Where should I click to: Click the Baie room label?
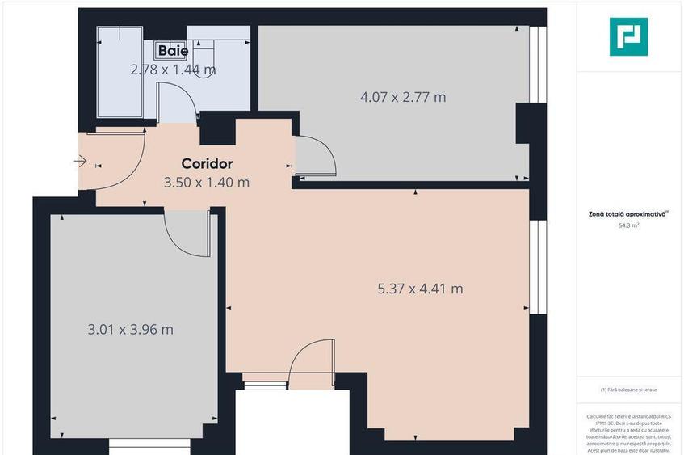(x=173, y=51)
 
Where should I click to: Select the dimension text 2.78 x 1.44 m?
(x=173, y=70)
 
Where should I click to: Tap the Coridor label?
(x=207, y=163)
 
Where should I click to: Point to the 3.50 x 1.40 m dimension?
(x=207, y=182)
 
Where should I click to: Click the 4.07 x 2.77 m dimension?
(x=402, y=97)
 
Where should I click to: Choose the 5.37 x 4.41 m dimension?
(x=420, y=288)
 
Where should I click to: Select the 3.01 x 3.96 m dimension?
(x=130, y=329)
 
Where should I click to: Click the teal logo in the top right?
(x=628, y=36)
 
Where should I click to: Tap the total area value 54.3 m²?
(x=628, y=226)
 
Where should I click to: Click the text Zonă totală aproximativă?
(x=627, y=215)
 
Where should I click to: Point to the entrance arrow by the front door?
(x=80, y=162)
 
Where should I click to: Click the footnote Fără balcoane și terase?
(x=628, y=390)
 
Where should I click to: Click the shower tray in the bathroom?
(x=120, y=73)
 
